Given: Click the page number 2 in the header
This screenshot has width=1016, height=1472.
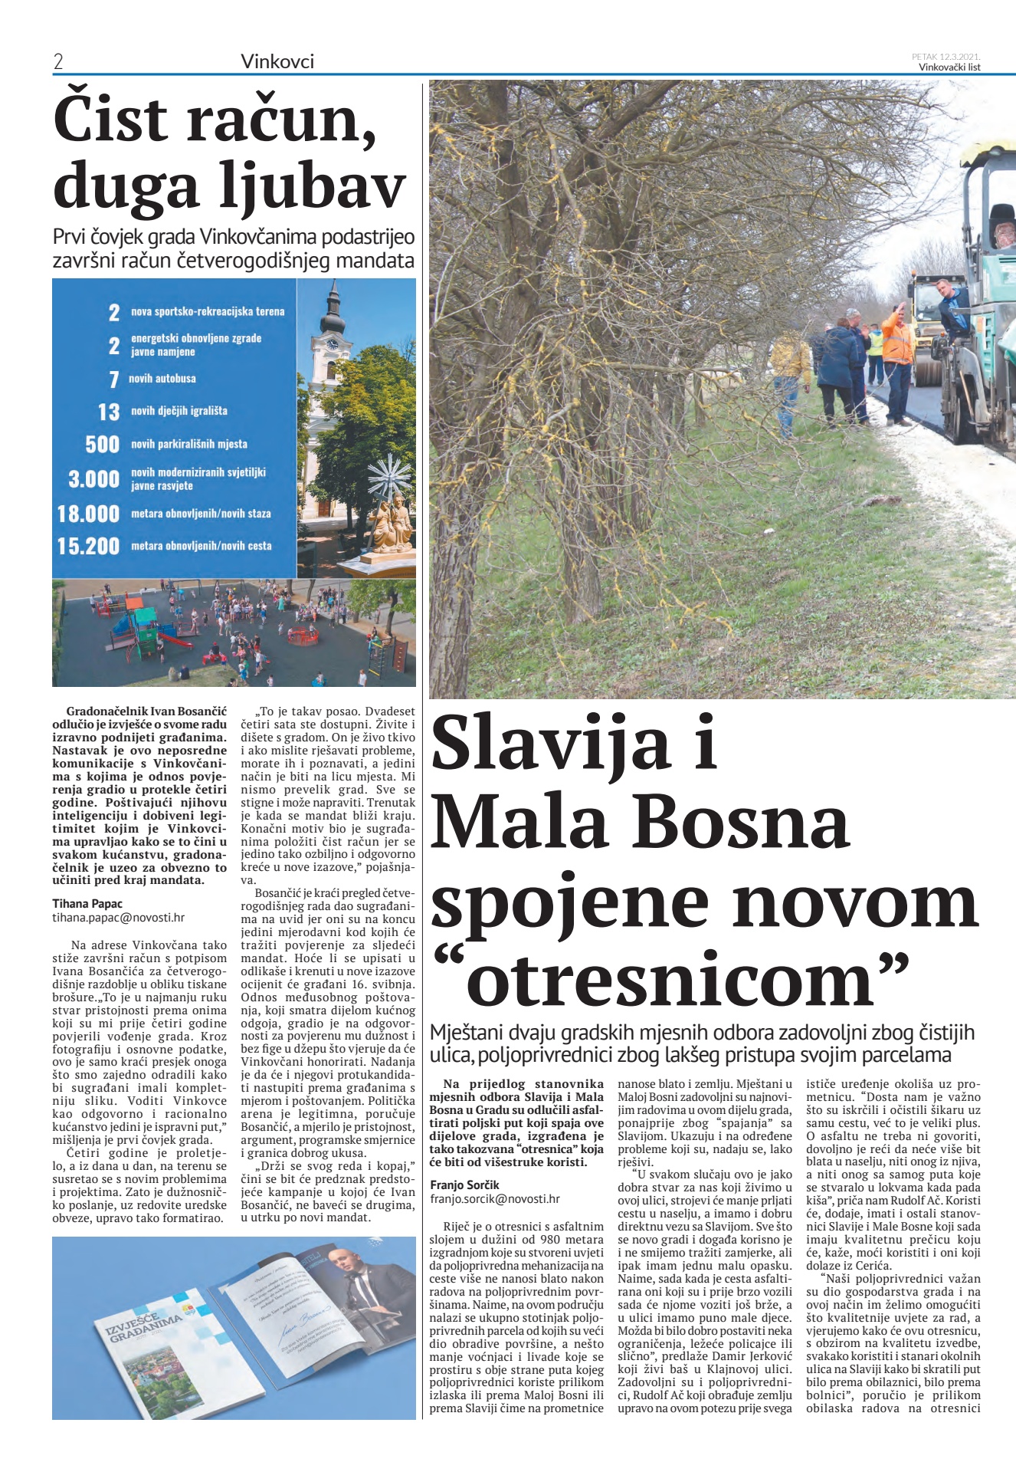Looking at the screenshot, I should point(58,62).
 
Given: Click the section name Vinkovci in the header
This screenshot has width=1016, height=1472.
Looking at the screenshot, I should point(277,61).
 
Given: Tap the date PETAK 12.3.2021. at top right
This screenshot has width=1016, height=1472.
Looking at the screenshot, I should point(946,56).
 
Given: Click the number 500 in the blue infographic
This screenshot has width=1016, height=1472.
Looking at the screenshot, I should point(103,444).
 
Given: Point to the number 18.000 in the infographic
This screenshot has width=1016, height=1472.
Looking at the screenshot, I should point(89,514).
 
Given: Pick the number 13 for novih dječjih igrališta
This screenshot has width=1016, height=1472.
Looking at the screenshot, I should point(109,412).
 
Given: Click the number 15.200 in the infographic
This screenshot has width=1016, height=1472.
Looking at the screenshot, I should point(89,546).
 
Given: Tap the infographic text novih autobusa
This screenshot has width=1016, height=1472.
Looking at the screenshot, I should point(162,379).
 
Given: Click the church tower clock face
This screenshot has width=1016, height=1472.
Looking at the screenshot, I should point(333,344).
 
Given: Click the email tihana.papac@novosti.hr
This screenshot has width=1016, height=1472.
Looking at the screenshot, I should point(119,917).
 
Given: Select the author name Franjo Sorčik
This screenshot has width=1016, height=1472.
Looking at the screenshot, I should point(464,1184).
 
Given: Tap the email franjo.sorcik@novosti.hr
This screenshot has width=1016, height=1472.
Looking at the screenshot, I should point(495,1198).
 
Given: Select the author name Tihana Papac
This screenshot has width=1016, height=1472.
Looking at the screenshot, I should point(87,903).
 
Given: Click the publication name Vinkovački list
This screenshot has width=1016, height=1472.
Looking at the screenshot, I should point(949,67).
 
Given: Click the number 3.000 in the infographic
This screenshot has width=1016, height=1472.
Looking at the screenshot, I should point(93,479).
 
